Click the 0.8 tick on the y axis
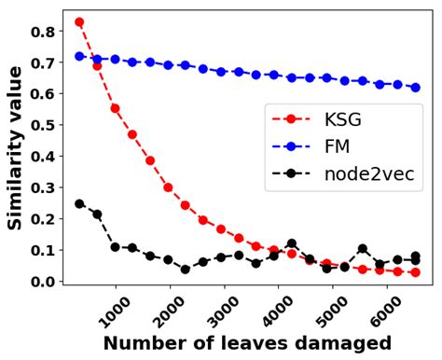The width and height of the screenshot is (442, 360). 45,31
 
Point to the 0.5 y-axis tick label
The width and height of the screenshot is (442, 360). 45,125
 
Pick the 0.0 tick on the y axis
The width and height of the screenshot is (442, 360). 45,281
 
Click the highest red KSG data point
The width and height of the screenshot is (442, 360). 79,21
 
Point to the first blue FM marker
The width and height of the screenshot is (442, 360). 79,56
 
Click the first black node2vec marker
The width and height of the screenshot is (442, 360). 79,203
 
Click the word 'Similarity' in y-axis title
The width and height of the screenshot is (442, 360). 16,177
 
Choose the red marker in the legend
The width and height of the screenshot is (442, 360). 291,119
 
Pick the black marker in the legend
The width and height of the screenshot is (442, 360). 291,173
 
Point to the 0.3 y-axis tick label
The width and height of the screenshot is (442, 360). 45,187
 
